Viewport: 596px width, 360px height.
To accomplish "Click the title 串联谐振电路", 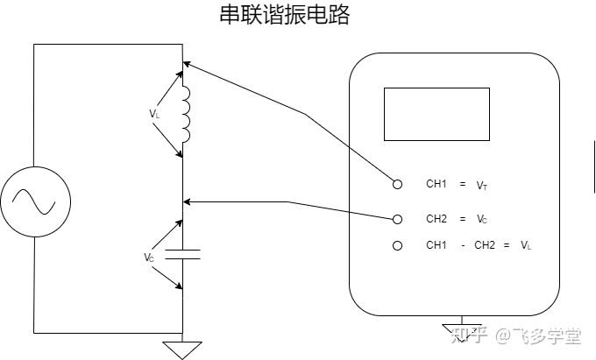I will [x=283, y=15].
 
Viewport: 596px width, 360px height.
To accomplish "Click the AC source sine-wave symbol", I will [x=34, y=201].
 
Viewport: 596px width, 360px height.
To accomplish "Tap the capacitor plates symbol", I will [x=182, y=254].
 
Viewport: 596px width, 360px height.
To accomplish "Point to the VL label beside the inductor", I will [x=154, y=114].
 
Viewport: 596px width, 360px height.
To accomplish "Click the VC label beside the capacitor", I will [x=150, y=258].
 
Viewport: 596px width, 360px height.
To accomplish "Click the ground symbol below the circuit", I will [x=183, y=349].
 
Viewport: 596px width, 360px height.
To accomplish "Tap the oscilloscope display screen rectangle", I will [x=436, y=114].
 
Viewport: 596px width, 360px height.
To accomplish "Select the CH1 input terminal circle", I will [x=398, y=184].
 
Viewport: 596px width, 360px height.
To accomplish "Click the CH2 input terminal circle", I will [x=398, y=218].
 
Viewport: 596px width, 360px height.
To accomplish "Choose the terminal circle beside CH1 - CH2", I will [x=398, y=245].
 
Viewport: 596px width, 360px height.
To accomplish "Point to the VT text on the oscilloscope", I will [x=482, y=186].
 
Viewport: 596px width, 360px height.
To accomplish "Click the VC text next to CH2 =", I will [x=482, y=219].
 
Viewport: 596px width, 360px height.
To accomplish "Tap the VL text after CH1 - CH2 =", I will [x=526, y=246].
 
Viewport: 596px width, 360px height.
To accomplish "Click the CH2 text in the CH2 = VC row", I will [x=436, y=218].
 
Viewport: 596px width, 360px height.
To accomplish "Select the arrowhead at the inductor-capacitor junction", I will [x=187, y=202].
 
